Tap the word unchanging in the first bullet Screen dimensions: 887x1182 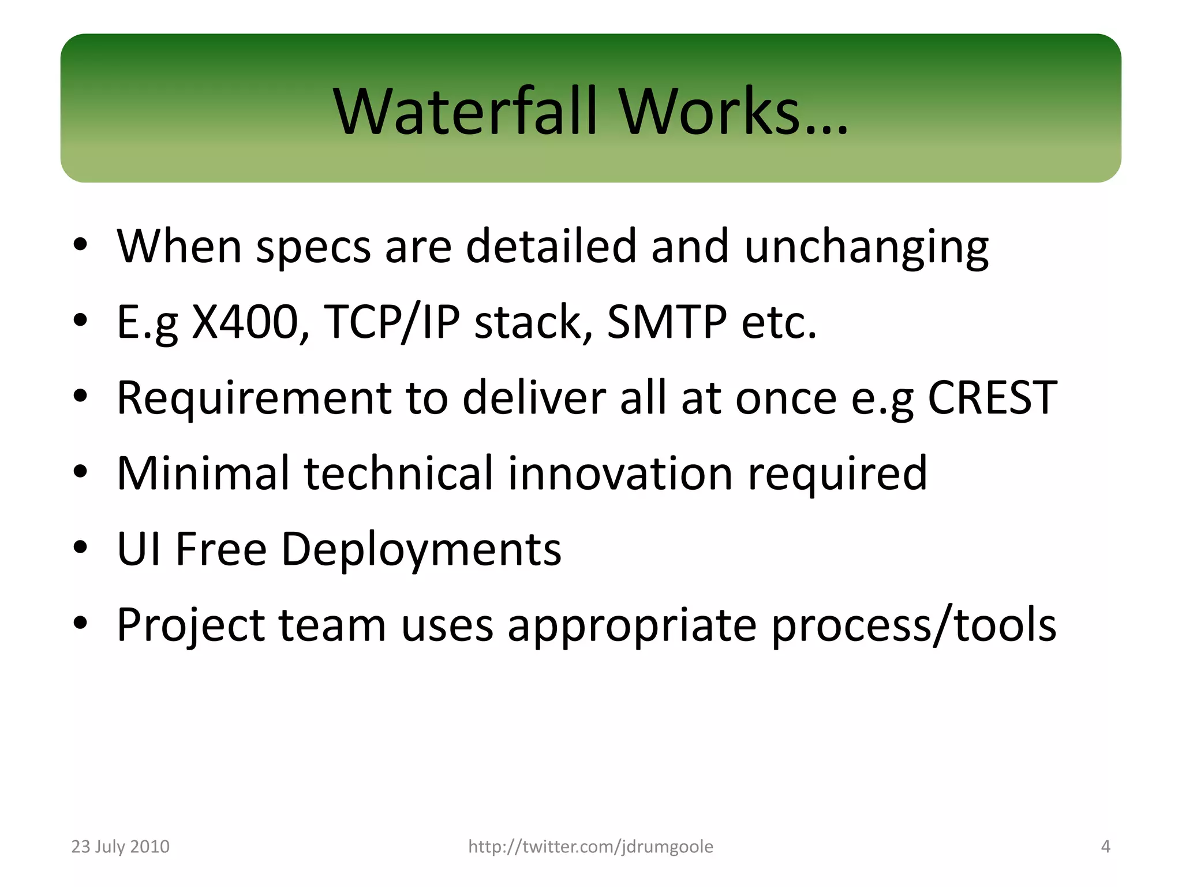(866, 247)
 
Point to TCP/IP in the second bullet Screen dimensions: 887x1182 (392, 322)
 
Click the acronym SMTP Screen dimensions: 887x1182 (667, 322)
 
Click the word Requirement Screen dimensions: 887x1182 (253, 398)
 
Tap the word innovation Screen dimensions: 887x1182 (620, 473)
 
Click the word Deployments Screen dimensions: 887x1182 (421, 549)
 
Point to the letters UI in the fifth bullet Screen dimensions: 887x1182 (139, 549)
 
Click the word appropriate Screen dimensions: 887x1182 (632, 625)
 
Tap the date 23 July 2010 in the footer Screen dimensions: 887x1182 (120, 847)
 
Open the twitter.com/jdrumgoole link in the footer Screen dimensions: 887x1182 (590, 847)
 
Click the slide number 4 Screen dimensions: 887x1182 (1105, 847)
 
